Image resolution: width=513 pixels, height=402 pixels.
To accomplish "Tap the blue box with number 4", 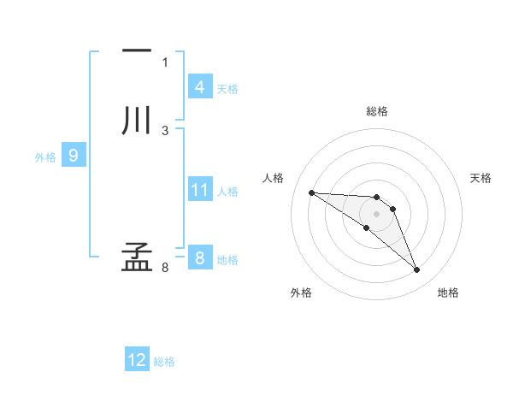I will [199, 87].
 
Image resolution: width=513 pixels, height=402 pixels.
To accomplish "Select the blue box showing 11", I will [199, 189].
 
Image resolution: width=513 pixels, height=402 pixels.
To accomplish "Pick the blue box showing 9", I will [74, 156].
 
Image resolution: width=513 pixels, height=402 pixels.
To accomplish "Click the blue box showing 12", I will [137, 360].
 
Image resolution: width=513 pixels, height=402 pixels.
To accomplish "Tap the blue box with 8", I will [199, 257].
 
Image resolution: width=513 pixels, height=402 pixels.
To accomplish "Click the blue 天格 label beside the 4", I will [227, 89].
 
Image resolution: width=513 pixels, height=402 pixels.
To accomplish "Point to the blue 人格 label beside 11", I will [227, 191].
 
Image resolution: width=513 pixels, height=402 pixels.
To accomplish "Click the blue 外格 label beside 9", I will [45, 157].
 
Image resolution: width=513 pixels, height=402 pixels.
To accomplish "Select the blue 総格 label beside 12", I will [164, 362].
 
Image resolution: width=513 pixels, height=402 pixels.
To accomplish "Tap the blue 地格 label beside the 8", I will [227, 259].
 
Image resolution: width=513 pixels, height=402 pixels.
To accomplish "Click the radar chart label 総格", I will [376, 111].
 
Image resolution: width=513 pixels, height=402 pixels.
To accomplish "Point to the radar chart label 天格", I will [481, 178].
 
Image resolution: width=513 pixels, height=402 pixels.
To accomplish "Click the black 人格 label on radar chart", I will [273, 178].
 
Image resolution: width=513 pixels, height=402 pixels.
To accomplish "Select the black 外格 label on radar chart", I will [301, 293].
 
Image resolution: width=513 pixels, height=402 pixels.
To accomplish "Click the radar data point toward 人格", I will [311, 192].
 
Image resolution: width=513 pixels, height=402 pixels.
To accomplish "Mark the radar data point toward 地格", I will [417, 270].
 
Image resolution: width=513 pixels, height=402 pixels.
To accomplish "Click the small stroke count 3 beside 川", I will [165, 131].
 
